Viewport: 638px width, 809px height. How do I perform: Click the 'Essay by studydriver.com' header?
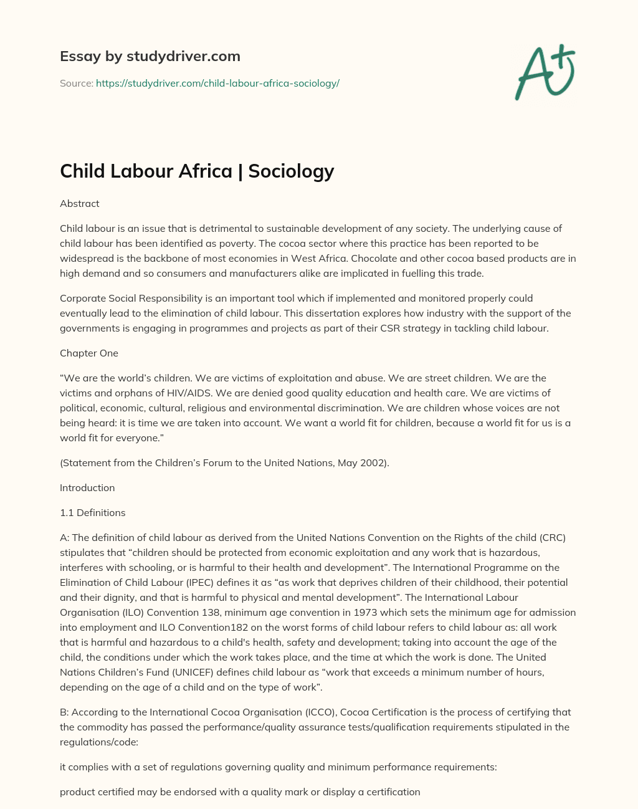point(150,56)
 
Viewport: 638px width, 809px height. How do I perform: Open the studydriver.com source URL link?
point(217,83)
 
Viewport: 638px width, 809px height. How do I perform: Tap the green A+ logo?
point(544,71)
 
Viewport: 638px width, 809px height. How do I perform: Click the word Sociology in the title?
point(291,171)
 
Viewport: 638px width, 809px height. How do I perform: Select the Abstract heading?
point(79,203)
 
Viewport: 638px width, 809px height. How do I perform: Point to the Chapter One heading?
point(88,353)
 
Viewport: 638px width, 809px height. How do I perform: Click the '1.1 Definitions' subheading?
point(92,512)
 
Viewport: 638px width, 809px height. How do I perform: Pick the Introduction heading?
point(87,487)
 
